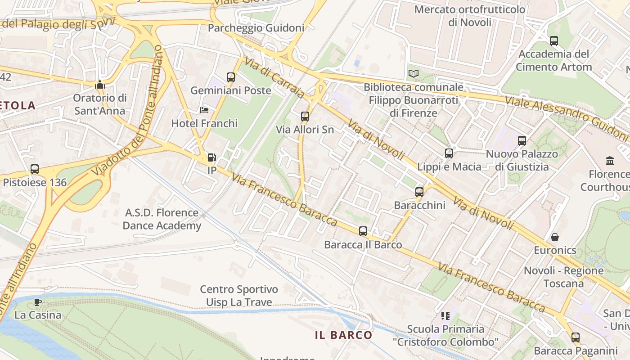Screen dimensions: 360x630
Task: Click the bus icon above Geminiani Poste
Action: (x=231, y=77)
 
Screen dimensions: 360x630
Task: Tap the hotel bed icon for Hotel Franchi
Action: (x=204, y=110)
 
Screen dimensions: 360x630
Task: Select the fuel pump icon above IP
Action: (x=211, y=157)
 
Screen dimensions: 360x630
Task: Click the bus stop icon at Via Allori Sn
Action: (x=305, y=117)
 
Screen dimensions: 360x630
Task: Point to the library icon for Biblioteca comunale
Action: (x=413, y=73)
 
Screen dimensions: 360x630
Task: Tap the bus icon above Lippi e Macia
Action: (x=449, y=153)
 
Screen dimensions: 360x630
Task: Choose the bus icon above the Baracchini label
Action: (x=419, y=192)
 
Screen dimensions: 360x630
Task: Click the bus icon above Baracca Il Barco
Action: (x=363, y=231)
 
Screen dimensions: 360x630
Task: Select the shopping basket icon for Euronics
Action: (x=555, y=237)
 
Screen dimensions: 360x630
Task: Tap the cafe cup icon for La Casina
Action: (x=38, y=301)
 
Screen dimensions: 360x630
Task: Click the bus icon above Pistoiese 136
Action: (x=35, y=169)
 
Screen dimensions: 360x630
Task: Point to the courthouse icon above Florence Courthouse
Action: (x=610, y=161)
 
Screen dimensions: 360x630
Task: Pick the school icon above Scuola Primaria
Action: (x=445, y=316)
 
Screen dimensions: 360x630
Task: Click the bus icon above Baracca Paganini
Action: (x=576, y=337)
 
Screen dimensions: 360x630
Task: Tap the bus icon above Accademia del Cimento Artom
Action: (x=554, y=41)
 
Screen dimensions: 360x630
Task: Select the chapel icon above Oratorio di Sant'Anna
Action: (x=100, y=85)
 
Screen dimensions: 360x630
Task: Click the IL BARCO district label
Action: (x=343, y=335)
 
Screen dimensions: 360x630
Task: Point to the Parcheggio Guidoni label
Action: (x=256, y=28)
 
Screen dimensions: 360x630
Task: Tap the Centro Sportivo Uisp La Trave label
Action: (x=239, y=296)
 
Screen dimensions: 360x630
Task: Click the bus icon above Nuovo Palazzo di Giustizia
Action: (x=522, y=141)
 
